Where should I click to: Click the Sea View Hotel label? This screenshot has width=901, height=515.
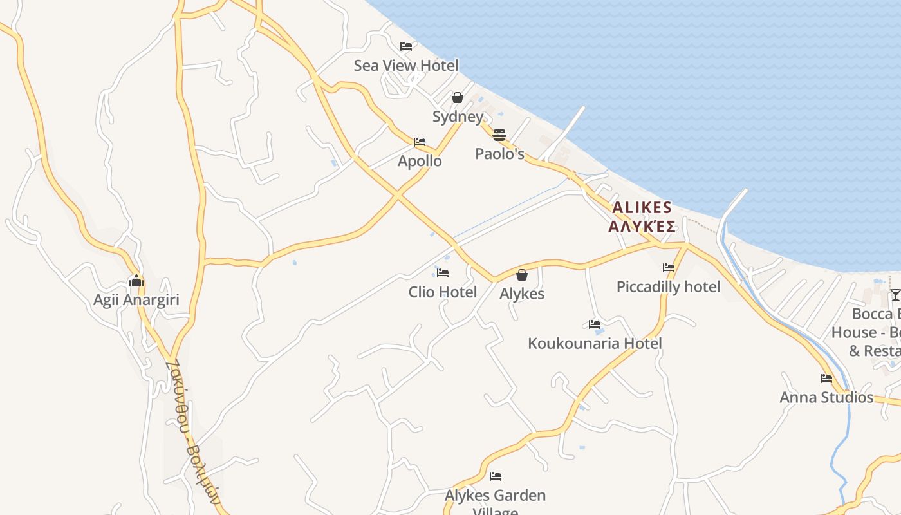click(406, 66)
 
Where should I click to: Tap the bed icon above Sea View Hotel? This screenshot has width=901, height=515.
click(406, 46)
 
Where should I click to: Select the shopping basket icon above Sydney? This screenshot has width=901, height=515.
click(458, 98)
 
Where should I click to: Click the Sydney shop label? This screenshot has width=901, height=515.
click(458, 117)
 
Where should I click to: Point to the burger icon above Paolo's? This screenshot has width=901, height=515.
click(499, 135)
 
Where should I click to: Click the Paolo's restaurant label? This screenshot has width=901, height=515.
click(499, 154)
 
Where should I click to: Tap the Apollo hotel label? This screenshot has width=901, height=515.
click(420, 161)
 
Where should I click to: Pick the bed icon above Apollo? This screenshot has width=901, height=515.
click(420, 142)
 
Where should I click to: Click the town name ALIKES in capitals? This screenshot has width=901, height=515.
click(642, 208)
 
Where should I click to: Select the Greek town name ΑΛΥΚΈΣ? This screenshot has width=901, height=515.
click(642, 227)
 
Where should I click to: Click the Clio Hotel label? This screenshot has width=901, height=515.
click(443, 292)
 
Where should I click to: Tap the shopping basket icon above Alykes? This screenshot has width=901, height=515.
click(522, 275)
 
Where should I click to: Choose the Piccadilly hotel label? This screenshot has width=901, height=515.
click(669, 286)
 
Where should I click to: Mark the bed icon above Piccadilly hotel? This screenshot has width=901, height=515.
click(669, 268)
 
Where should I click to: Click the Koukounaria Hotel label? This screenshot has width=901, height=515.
click(595, 343)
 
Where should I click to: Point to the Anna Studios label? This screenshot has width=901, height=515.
click(826, 397)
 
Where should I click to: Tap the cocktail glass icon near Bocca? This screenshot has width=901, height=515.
click(895, 295)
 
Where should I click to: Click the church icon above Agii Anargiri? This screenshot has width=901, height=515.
click(136, 281)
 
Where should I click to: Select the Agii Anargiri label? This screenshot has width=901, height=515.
click(136, 300)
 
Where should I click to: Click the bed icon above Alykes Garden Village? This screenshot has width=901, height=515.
click(496, 476)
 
